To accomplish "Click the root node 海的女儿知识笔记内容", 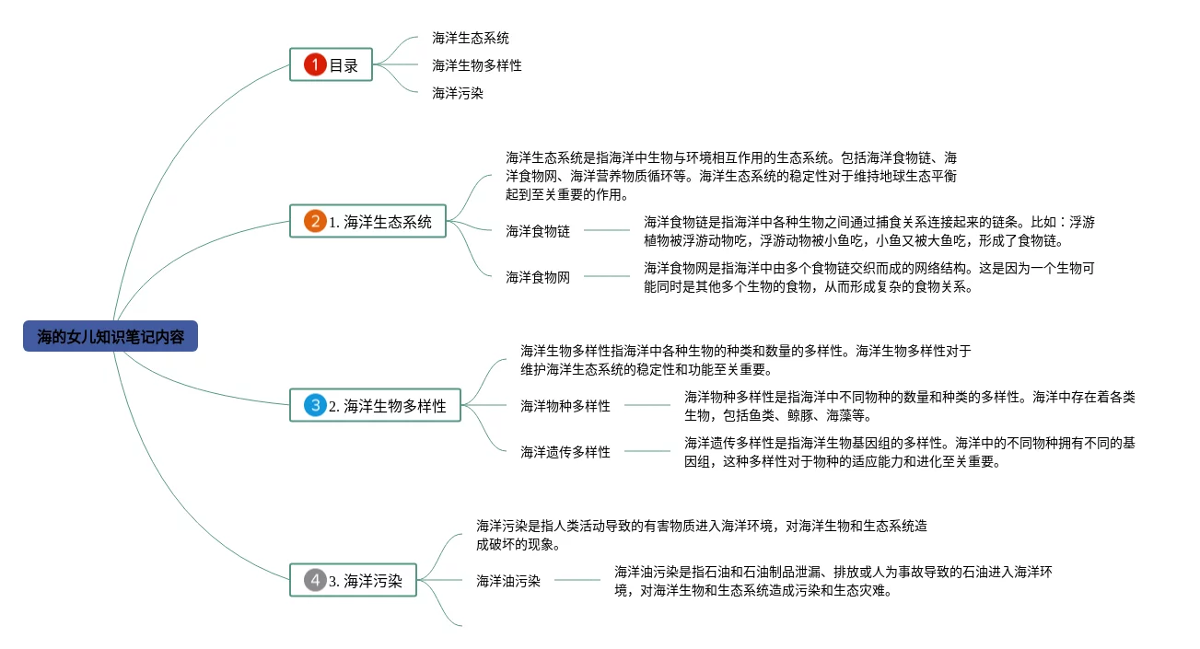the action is (x=111, y=337).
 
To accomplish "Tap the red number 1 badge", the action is (x=315, y=64).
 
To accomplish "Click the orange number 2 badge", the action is (x=315, y=222).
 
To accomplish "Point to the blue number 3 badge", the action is (x=315, y=405).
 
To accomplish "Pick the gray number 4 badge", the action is (x=315, y=581).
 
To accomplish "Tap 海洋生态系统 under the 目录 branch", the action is (x=471, y=38).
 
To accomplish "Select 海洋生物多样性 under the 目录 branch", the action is (x=477, y=65).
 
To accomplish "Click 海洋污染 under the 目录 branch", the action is (x=458, y=93).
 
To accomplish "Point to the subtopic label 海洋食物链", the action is (x=538, y=231).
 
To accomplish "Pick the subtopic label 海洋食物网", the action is (x=538, y=277).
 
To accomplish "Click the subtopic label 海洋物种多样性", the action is (x=565, y=405).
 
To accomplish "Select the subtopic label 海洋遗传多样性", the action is (x=565, y=451).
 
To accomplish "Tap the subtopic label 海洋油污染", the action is (x=508, y=581).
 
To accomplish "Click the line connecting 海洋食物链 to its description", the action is (x=607, y=231).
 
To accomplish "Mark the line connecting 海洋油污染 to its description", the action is (x=577, y=581).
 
